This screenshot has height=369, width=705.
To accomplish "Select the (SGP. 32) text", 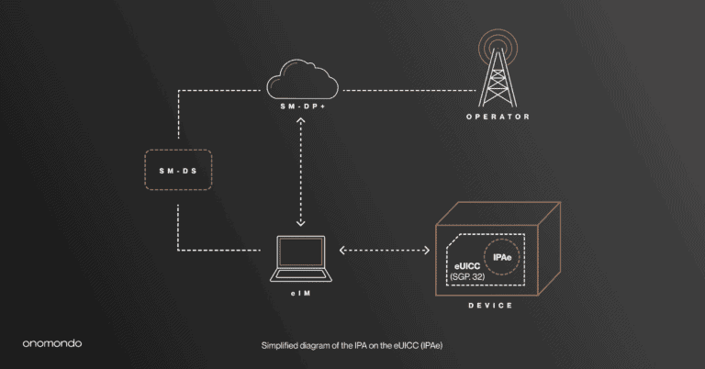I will coord(467,277).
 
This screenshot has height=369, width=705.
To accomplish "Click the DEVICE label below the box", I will coord(491,305).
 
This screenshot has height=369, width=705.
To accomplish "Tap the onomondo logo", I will coord(52,343).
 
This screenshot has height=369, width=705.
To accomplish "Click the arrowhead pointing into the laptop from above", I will coord(301,223).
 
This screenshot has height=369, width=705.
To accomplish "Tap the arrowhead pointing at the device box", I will coord(427,250).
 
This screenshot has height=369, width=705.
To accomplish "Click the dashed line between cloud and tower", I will coord(408,89).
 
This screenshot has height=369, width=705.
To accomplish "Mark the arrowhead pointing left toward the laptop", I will coord(341,250).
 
